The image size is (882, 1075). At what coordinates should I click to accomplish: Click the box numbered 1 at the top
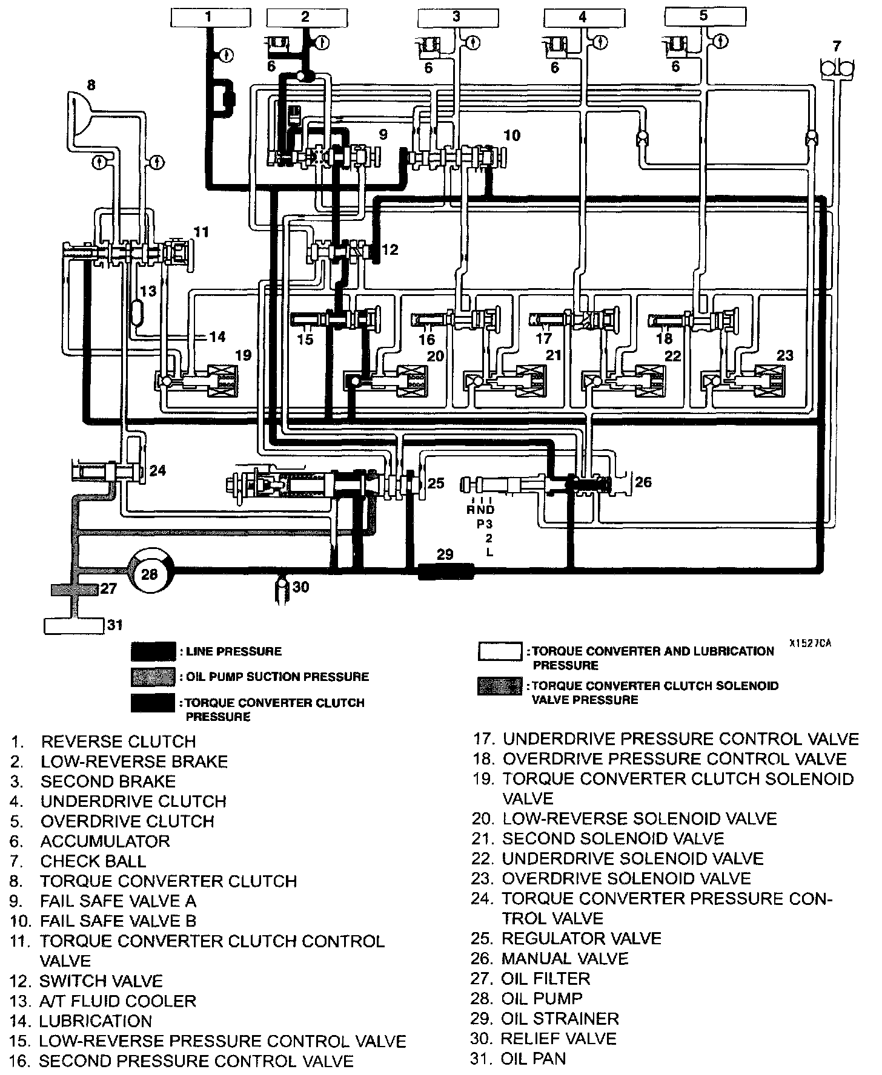click(x=208, y=18)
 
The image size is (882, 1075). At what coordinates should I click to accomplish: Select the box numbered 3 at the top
click(x=456, y=18)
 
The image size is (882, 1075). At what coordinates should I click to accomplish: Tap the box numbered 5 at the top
click(x=703, y=16)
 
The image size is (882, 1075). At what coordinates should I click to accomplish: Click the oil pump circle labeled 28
click(x=149, y=573)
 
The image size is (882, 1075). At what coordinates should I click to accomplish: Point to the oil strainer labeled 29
click(x=445, y=570)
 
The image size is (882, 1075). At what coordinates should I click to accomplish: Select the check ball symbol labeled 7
click(x=836, y=67)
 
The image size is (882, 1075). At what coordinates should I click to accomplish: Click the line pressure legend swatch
click(x=153, y=651)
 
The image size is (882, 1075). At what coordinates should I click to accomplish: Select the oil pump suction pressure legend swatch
click(x=153, y=676)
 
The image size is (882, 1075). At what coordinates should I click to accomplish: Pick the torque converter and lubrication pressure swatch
click(x=500, y=651)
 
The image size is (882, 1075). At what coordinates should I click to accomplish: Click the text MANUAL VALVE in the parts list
click(x=565, y=959)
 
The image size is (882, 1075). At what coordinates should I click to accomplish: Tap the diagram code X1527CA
click(x=810, y=643)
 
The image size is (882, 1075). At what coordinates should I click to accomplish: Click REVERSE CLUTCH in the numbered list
click(x=118, y=741)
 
